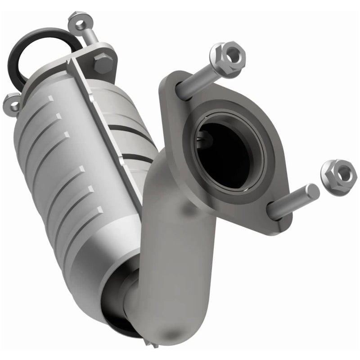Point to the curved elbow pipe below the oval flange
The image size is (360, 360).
click(180, 252)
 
